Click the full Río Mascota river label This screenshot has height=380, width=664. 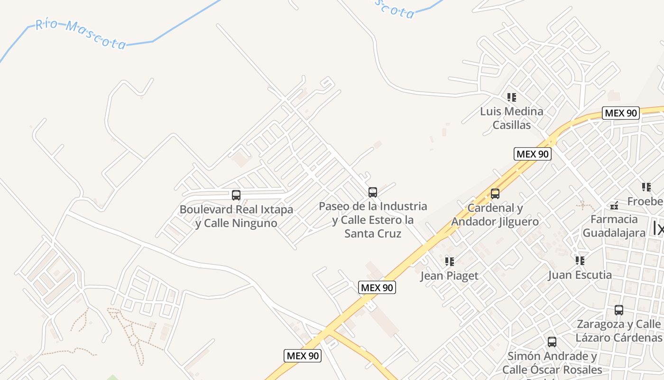[x=81, y=34]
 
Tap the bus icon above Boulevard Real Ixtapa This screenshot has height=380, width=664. [x=236, y=195]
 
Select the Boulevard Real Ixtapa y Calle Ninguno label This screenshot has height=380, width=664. [x=236, y=216]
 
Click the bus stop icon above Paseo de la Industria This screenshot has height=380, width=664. [x=373, y=192]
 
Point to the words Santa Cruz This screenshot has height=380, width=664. [x=373, y=234]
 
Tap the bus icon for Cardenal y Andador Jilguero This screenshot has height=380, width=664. [x=495, y=194]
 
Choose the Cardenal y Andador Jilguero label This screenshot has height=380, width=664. [x=495, y=215]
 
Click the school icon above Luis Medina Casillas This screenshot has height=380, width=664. [x=511, y=97]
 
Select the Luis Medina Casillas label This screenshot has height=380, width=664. [x=511, y=118]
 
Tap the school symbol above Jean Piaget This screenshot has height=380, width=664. [x=449, y=261]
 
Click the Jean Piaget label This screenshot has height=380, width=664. [x=449, y=276]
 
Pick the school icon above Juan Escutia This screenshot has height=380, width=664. [x=580, y=261]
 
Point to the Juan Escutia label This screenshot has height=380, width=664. [x=580, y=275]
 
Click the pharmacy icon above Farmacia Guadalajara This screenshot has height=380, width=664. [x=614, y=206]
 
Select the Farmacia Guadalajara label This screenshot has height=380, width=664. [x=614, y=226]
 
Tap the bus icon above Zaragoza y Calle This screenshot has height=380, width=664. [x=619, y=310]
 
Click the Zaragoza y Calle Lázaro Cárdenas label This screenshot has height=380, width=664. [x=619, y=331]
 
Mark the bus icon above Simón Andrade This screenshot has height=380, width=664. [x=552, y=342]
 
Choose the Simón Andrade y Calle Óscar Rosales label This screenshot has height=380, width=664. [x=552, y=363]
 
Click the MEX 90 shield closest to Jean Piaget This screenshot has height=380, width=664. [x=377, y=287]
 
